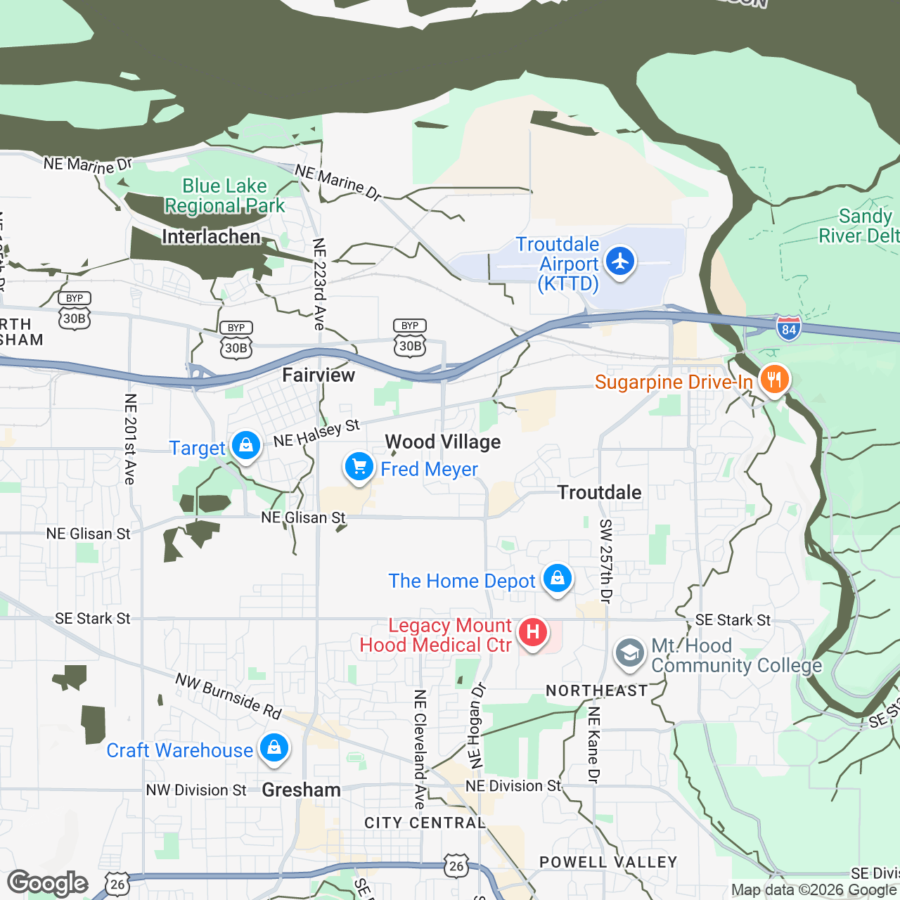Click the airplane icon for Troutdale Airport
[619, 261]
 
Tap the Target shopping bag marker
[245, 446]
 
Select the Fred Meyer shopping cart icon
[359, 467]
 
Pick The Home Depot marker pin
[558, 579]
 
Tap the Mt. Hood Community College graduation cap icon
[629, 653]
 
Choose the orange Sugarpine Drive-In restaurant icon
[774, 380]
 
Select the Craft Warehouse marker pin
[274, 748]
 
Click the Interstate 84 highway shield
[789, 328]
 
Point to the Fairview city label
[319, 375]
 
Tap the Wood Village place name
[443, 442]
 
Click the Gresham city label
[301, 790]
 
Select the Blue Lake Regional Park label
[225, 195]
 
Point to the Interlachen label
[211, 236]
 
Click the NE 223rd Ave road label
[319, 284]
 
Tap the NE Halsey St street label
[316, 433]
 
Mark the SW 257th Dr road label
[605, 561]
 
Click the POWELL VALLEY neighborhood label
[608, 862]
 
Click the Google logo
[48, 883]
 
